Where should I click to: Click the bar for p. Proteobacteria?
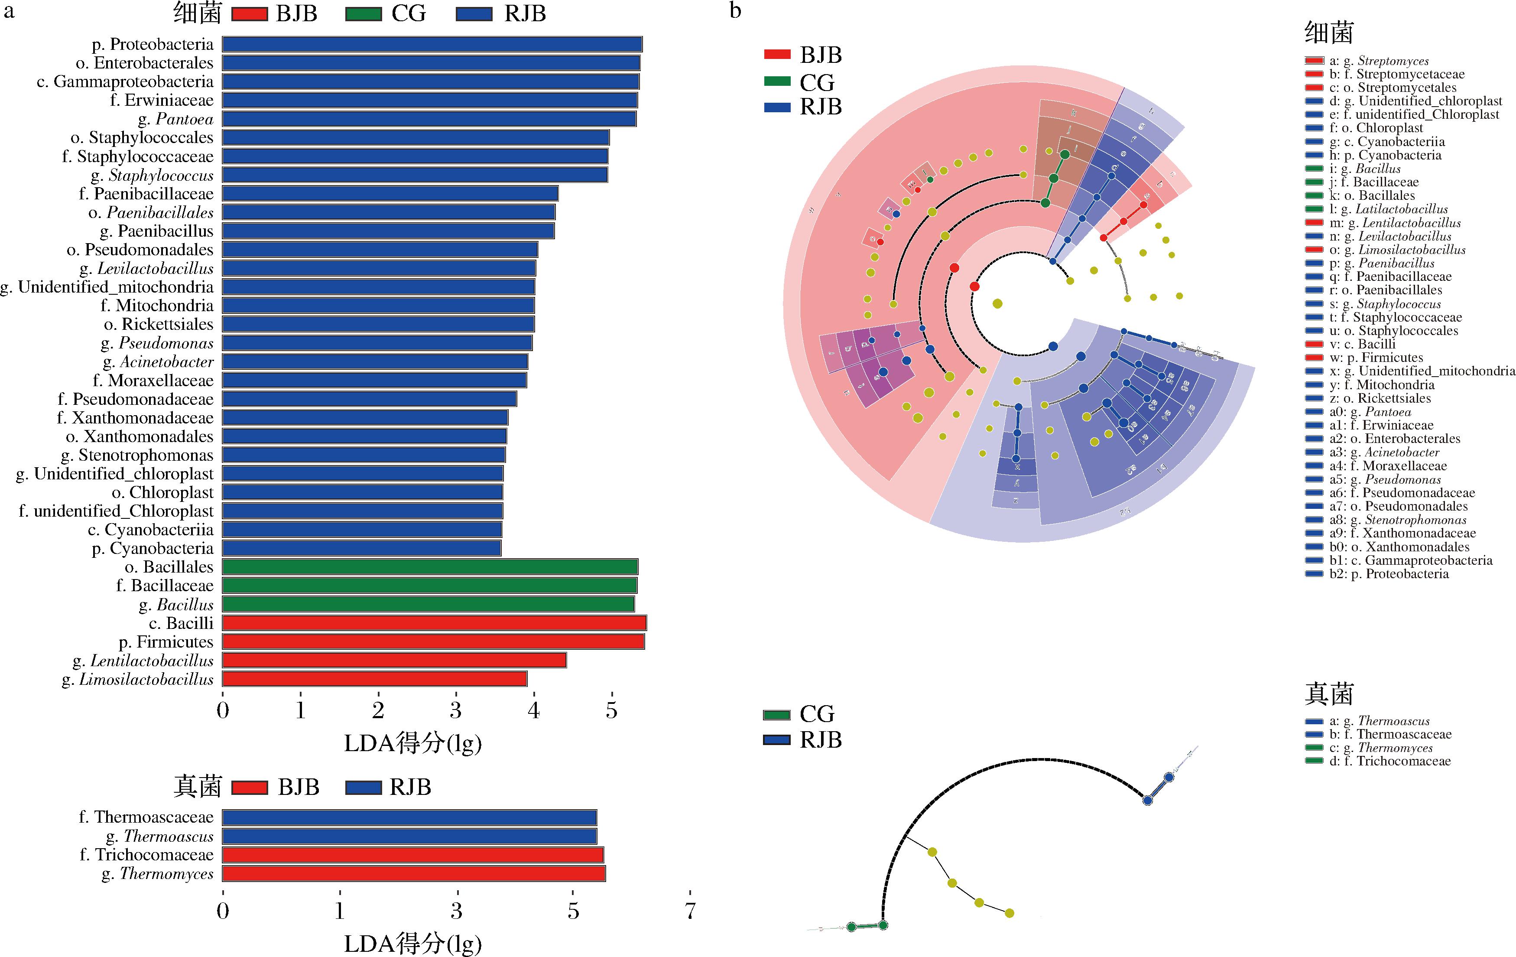pos(432,44)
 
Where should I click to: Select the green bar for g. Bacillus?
pos(428,605)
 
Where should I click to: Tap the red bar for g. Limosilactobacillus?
pos(375,679)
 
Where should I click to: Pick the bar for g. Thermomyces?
pos(414,874)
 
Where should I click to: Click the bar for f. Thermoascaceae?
pos(409,818)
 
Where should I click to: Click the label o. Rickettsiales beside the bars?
pos(159,324)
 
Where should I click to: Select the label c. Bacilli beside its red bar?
pos(181,623)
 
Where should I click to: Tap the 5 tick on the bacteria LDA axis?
pos(611,711)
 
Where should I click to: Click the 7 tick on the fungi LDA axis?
pos(690,911)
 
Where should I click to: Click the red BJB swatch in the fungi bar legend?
pos(250,788)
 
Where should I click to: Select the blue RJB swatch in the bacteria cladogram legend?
pos(777,107)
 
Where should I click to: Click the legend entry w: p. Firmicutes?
pos(1376,358)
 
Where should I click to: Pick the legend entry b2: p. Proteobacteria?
pos(1389,573)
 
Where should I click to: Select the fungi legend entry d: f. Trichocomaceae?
pos(1389,761)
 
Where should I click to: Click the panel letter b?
pos(735,11)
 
